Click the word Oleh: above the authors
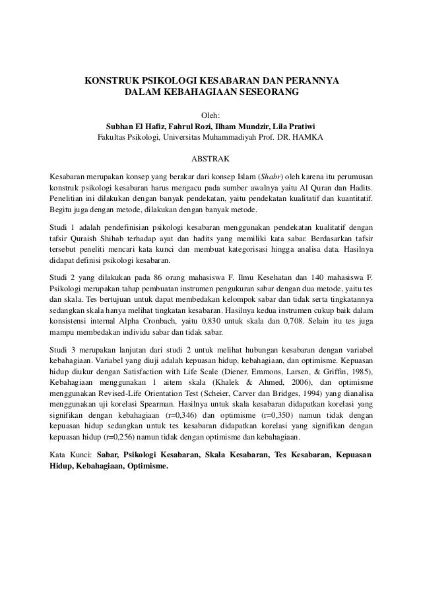[210, 115]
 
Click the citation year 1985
[360, 372]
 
